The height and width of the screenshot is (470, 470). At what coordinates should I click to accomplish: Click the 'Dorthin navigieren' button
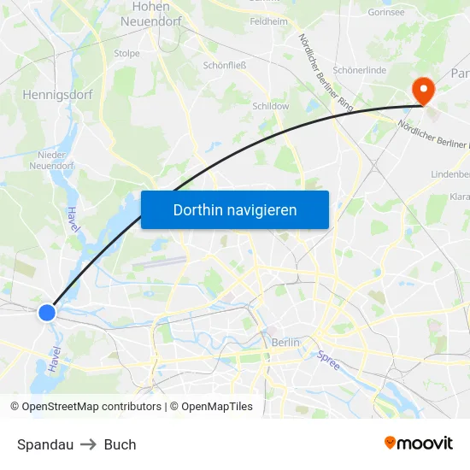point(234,209)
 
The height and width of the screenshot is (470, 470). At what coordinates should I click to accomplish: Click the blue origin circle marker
point(47,313)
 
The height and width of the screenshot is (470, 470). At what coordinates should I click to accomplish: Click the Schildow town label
point(271,107)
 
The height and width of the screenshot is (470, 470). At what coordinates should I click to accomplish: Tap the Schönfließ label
point(225,65)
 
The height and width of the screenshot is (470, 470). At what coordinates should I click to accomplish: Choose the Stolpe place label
point(126,53)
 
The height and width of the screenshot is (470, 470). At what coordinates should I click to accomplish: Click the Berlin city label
point(285,342)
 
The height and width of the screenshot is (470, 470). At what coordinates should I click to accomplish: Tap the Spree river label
point(328,361)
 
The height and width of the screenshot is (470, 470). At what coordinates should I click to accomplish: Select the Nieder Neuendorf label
point(56,160)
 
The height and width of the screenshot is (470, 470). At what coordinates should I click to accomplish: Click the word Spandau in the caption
point(45,444)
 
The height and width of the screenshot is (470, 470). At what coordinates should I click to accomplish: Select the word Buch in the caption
point(120,444)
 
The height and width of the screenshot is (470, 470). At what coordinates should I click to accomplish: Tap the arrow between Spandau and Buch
point(89,444)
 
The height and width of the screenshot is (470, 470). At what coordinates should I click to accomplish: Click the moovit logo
point(418,443)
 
